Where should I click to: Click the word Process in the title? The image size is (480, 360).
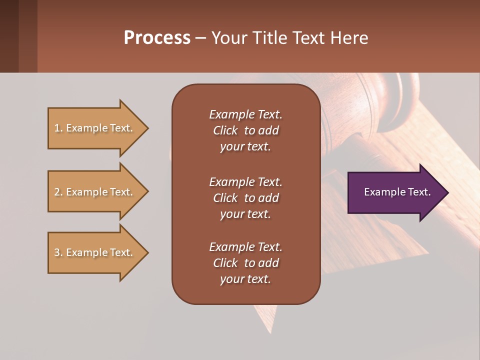point(157,38)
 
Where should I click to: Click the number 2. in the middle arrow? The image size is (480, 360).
point(58,192)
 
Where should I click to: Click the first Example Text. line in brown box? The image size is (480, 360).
point(245,114)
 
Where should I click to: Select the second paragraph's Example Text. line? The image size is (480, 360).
point(245,182)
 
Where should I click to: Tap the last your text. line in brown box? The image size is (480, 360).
point(245,279)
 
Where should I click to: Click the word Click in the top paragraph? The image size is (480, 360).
point(225,130)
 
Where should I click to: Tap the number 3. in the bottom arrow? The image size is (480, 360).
point(58,252)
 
